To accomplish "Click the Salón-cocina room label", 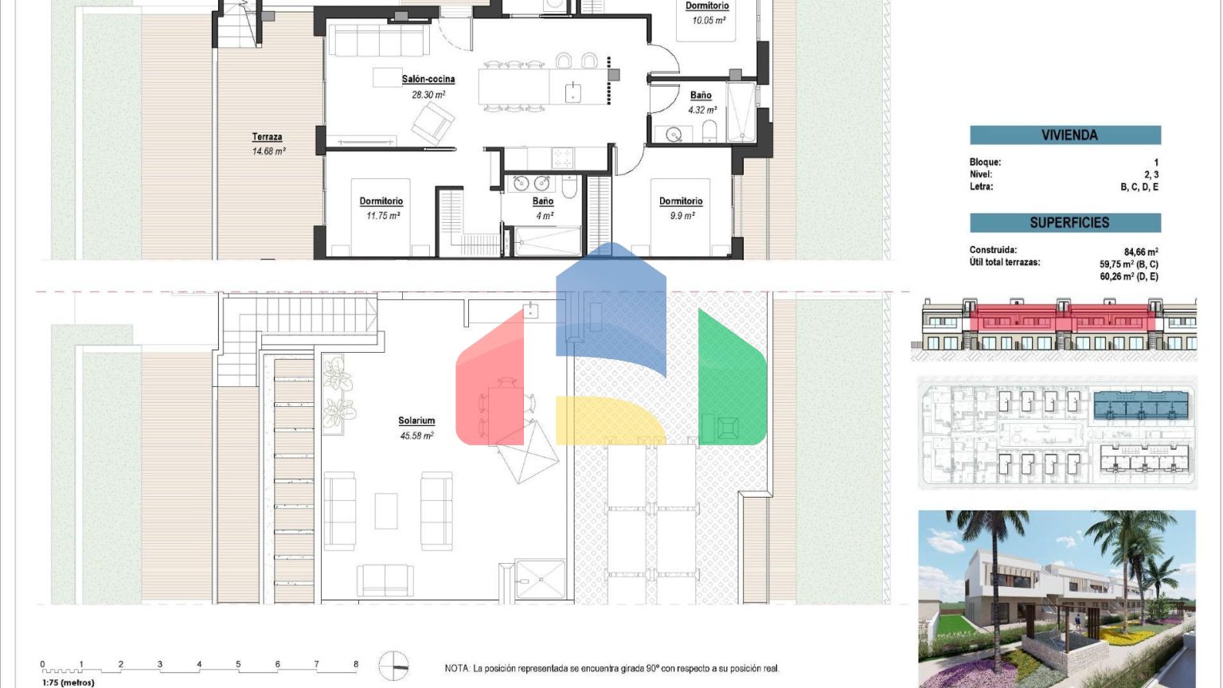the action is (x=428, y=79).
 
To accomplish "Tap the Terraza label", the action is (x=267, y=137).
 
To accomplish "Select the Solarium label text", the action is (x=416, y=421).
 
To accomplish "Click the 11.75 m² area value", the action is (x=383, y=217).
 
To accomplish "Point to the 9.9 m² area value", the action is (x=682, y=217).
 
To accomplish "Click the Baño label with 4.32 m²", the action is (x=701, y=96).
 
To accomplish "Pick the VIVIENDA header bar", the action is (x=1065, y=135).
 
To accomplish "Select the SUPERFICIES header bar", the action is (x=1065, y=223).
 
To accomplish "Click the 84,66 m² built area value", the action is (x=1141, y=252).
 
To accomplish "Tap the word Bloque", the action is (x=984, y=162).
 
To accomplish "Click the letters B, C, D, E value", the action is (x=1139, y=187).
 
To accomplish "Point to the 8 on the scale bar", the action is (x=356, y=665).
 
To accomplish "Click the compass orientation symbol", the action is (x=393, y=666).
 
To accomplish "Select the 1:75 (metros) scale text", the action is (x=68, y=682).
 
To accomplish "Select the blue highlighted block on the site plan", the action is (x=1141, y=405).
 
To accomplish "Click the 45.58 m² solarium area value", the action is (x=416, y=436).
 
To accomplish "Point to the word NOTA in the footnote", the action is (x=457, y=668).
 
